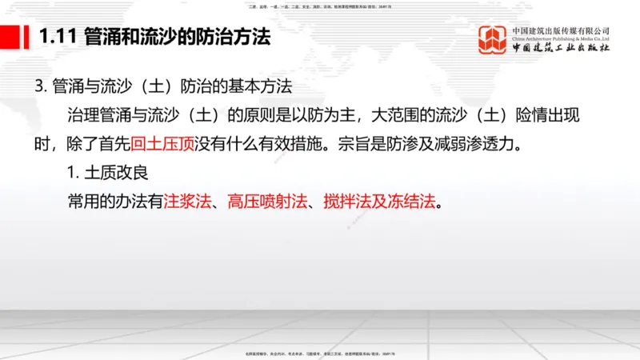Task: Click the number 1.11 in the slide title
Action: point(56,37)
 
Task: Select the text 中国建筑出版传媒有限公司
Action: point(561,30)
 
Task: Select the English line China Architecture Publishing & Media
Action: point(561,38)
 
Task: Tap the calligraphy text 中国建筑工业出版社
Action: point(561,50)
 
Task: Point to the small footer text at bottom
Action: point(320,353)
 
